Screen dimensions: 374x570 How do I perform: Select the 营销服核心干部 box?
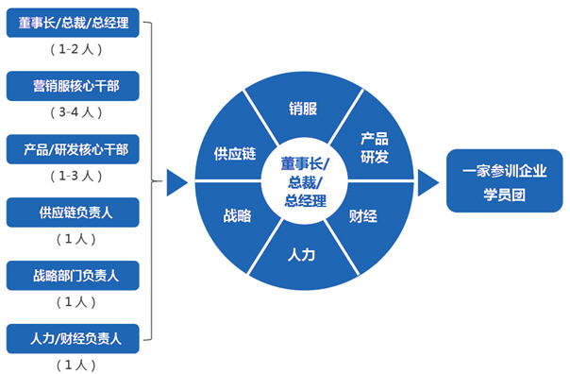[74, 87]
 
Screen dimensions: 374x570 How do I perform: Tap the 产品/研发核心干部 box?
[74, 149]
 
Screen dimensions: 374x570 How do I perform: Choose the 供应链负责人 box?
[74, 212]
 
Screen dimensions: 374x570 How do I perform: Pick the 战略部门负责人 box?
[74, 276]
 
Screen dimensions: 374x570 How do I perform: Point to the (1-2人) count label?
[74, 49]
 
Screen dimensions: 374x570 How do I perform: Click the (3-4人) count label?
[74, 112]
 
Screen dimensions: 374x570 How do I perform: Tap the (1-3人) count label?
[74, 175]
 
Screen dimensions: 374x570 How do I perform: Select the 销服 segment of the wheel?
[303, 108]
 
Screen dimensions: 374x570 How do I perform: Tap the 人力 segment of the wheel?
[303, 253]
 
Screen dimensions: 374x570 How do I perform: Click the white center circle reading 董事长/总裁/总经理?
[303, 180]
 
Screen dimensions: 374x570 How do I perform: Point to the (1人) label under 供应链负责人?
[74, 239]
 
